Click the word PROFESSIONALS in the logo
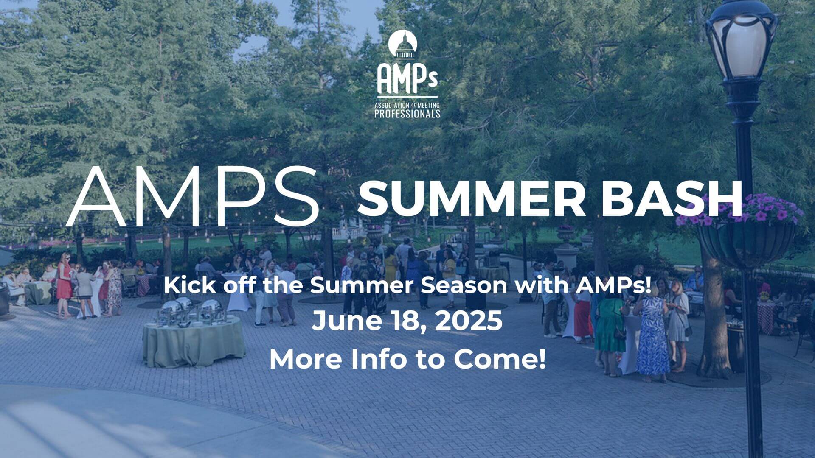pyautogui.click(x=407, y=114)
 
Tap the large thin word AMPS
pyautogui.click(x=193, y=197)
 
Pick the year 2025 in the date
pyautogui.click(x=469, y=321)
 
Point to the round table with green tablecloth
pyautogui.click(x=194, y=341)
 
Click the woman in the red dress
pyautogui.click(x=64, y=284)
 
